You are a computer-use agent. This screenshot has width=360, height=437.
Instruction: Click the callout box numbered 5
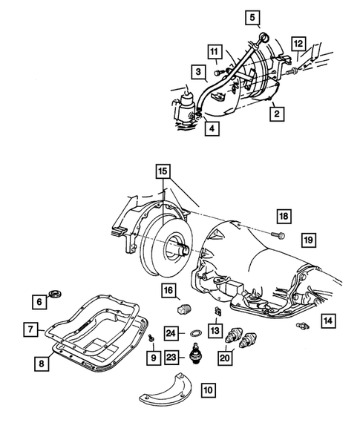pos(252,16)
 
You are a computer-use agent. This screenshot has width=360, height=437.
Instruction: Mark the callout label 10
pos(207,408)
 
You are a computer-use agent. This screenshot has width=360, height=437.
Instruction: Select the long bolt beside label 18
pos(278,236)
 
